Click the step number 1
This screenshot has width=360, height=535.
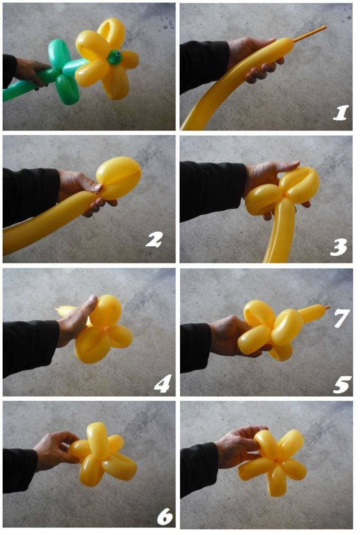click(x=341, y=113)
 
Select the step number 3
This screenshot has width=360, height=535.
click(x=338, y=247)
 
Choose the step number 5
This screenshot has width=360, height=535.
click(x=341, y=385)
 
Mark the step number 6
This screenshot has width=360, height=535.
click(x=165, y=517)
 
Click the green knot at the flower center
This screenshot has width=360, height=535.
click(x=115, y=57)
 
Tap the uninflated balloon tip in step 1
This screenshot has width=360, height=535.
click(x=310, y=34)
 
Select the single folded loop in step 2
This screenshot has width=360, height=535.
click(x=119, y=178)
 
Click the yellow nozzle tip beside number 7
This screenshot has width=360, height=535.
click(x=328, y=308)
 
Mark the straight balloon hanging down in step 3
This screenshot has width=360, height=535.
click(x=282, y=230)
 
